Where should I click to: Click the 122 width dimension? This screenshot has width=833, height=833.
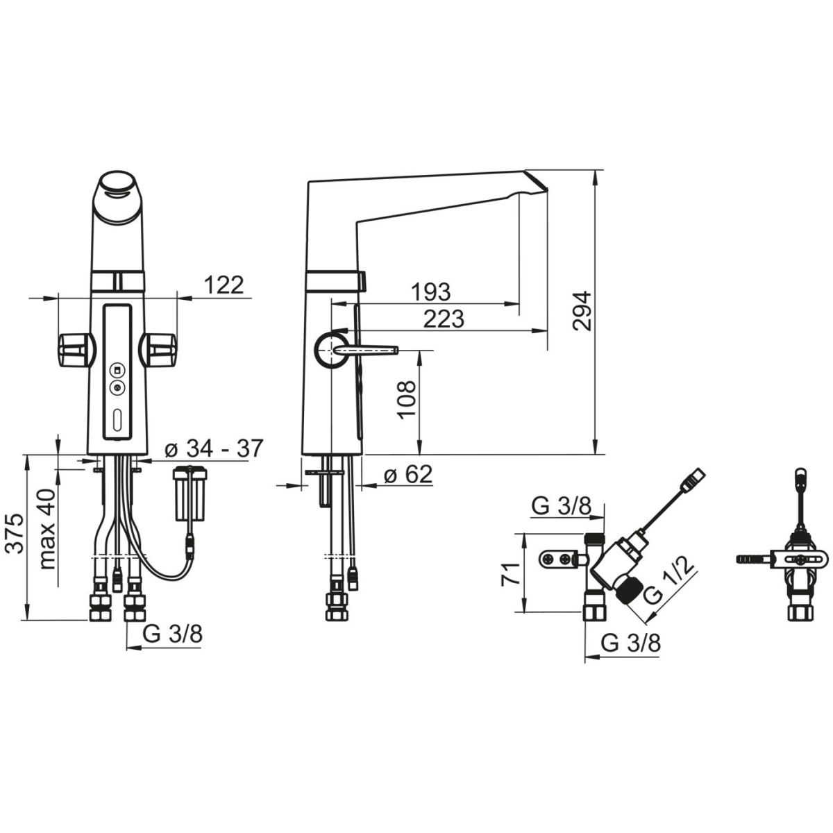point(224,285)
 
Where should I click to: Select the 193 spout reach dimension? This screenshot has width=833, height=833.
point(430,292)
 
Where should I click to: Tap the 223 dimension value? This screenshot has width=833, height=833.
point(444,319)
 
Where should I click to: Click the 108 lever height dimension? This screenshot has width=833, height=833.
point(407,399)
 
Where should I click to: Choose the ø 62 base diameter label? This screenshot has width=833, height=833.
point(407,474)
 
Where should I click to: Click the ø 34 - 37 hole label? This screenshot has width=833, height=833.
point(214,448)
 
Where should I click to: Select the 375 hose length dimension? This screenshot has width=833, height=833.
point(17,533)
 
